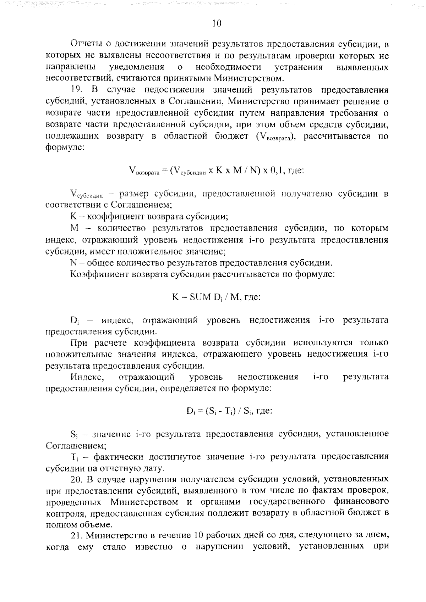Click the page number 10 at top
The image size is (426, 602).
216,23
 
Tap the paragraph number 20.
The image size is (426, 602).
77,479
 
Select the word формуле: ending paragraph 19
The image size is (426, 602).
65,147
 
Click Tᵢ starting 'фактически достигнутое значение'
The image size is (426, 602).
74,457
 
